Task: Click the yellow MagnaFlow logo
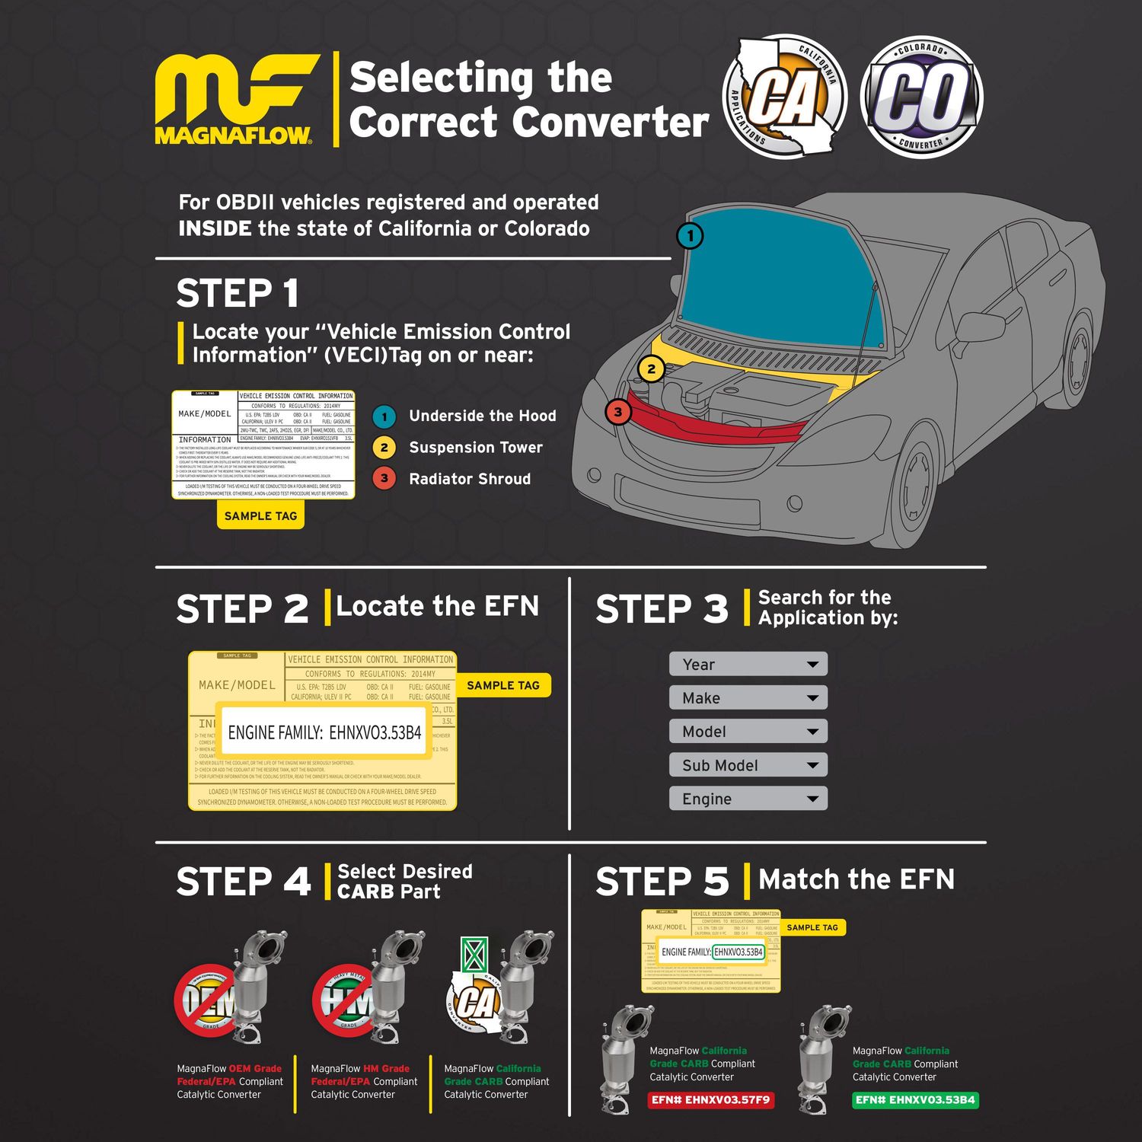click(234, 99)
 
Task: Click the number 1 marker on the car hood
click(690, 235)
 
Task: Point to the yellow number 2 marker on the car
click(651, 369)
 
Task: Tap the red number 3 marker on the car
click(618, 412)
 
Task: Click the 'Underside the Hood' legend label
click(482, 416)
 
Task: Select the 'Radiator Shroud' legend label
click(469, 479)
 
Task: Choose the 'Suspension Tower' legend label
click(475, 448)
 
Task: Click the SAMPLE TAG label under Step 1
click(260, 515)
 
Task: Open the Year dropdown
click(748, 664)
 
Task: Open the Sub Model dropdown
click(748, 765)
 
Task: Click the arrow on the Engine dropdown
click(812, 799)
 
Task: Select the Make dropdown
click(748, 697)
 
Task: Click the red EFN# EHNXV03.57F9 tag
click(710, 1100)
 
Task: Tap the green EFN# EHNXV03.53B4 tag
click(914, 1100)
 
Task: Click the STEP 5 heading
click(662, 882)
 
